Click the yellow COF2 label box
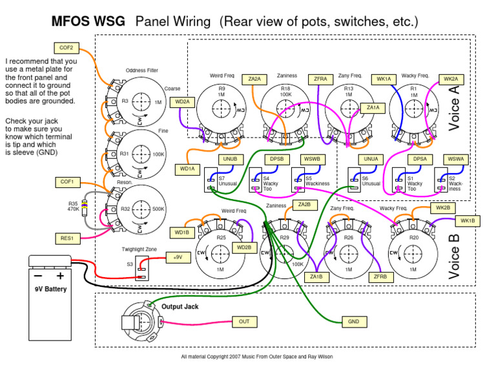(x=67, y=47)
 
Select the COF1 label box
(x=67, y=182)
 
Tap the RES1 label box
(x=67, y=238)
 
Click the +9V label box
(x=178, y=256)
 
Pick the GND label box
(x=353, y=321)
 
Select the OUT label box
(x=244, y=321)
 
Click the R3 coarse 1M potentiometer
(x=136, y=102)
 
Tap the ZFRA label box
(x=320, y=79)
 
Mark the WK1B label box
(x=467, y=221)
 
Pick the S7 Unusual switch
(x=211, y=179)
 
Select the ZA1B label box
(x=316, y=277)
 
